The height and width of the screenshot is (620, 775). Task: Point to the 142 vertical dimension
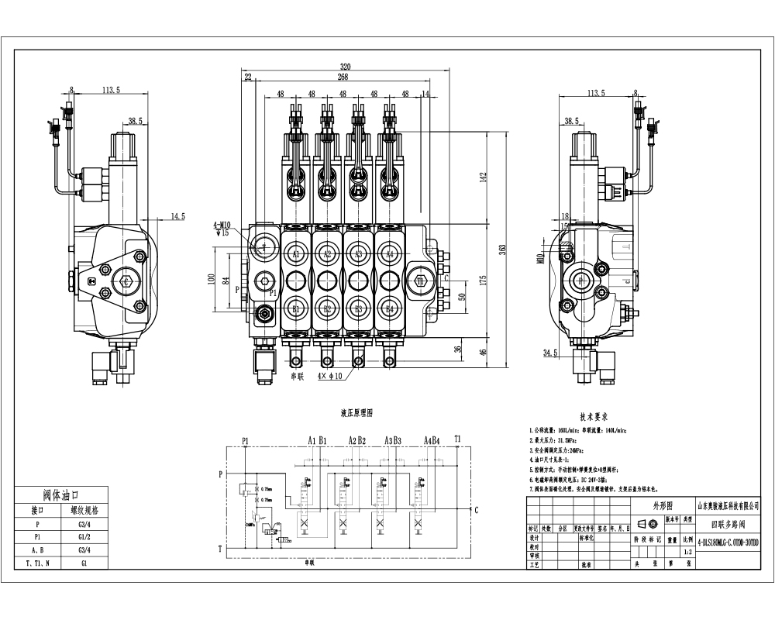[x=484, y=176]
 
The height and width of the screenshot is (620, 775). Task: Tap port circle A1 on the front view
[x=295, y=253]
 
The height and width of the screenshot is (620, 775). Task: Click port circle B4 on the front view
[x=390, y=310]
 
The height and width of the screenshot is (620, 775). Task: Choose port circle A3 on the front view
[x=358, y=253]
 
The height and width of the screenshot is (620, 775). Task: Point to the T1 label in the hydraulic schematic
[x=458, y=439]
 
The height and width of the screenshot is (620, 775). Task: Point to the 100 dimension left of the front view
[x=212, y=279]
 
